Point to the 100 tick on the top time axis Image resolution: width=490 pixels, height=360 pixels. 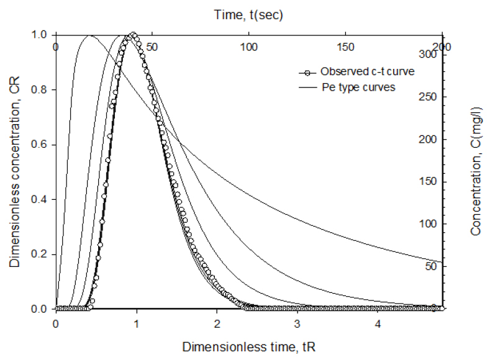(x=248, y=47)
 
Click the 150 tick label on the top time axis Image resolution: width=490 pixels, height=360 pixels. (x=345, y=47)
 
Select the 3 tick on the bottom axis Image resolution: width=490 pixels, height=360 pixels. (x=297, y=323)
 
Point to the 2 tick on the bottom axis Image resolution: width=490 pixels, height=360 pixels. (x=216, y=323)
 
